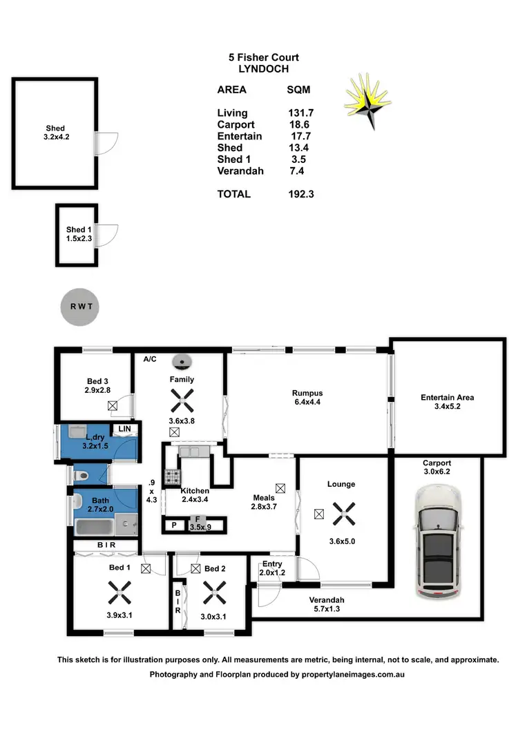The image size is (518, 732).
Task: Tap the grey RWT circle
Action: point(80,306)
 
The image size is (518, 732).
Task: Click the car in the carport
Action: point(438,542)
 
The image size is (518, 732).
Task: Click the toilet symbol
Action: point(82,475)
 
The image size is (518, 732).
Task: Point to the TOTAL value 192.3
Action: point(300,195)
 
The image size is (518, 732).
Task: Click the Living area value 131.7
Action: point(300,113)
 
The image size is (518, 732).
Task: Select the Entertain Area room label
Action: point(447,398)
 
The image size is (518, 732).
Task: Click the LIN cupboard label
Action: point(124,429)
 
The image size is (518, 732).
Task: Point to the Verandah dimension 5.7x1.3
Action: point(327,609)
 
